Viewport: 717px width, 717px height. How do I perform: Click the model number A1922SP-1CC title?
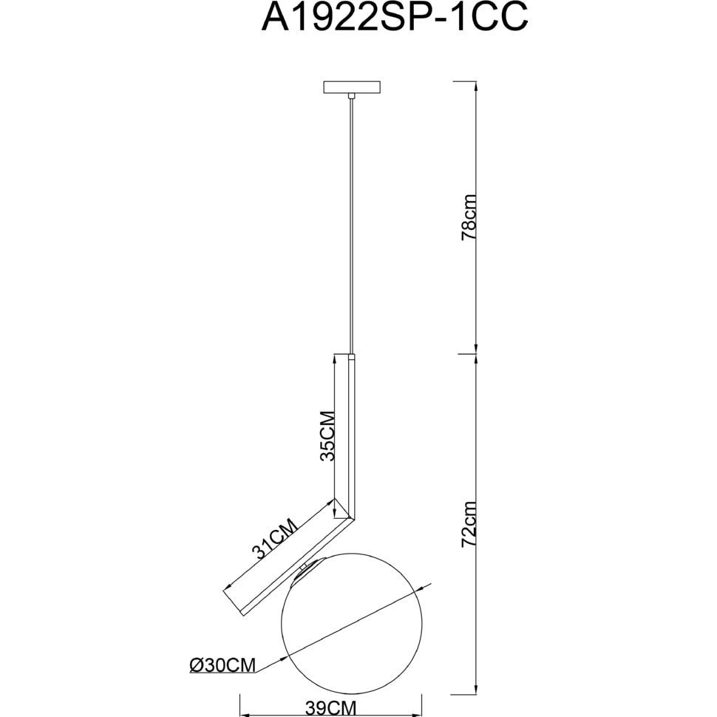coord(394,18)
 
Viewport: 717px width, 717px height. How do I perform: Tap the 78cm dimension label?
coord(469,217)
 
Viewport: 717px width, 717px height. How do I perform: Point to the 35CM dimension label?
coord(327,436)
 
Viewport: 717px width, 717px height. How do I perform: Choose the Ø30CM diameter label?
coord(222,665)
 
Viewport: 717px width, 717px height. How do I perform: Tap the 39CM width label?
coord(330,708)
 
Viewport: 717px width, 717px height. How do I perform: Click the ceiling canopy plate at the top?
coord(352,87)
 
